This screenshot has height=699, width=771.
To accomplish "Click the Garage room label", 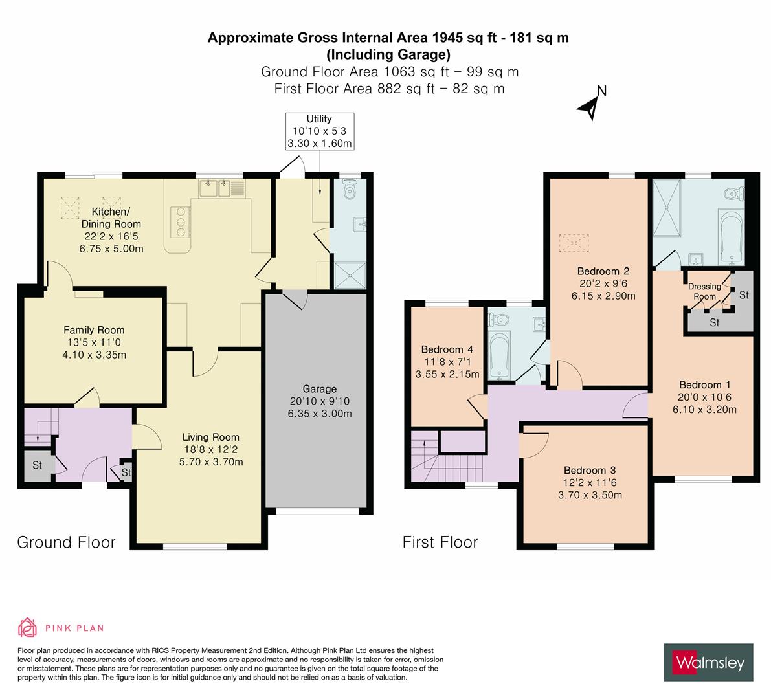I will click(319, 389).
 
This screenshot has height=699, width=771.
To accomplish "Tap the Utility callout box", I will click(319, 131).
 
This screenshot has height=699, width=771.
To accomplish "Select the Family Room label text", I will click(94, 330).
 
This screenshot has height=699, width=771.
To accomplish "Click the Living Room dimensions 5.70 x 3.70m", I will click(210, 461).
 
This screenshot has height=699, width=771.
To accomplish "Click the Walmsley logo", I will click(709, 662).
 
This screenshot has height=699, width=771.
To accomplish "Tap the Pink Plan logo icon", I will click(27, 627).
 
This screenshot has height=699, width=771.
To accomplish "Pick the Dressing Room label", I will click(704, 291).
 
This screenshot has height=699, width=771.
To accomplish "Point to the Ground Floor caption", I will click(66, 542).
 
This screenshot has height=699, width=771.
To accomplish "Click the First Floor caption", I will click(440, 542).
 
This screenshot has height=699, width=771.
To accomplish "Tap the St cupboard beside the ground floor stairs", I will click(37, 465).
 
